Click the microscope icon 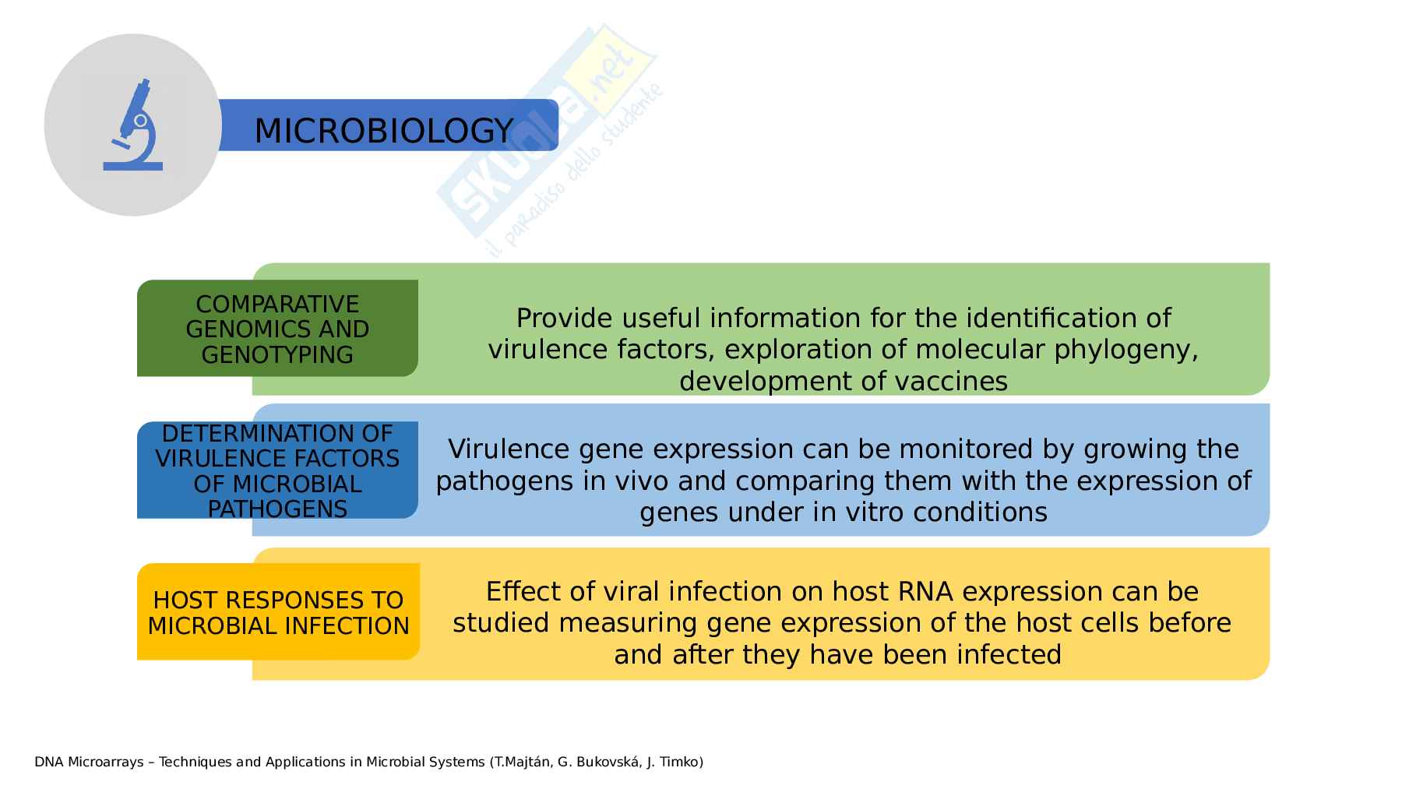click(x=133, y=125)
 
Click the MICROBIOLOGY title click(x=383, y=130)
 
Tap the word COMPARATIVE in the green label click(x=277, y=304)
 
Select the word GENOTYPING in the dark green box click(x=277, y=354)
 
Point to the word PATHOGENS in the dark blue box click(x=277, y=509)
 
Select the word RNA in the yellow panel click(x=925, y=592)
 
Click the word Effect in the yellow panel click(x=522, y=592)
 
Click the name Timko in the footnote click(x=679, y=762)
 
